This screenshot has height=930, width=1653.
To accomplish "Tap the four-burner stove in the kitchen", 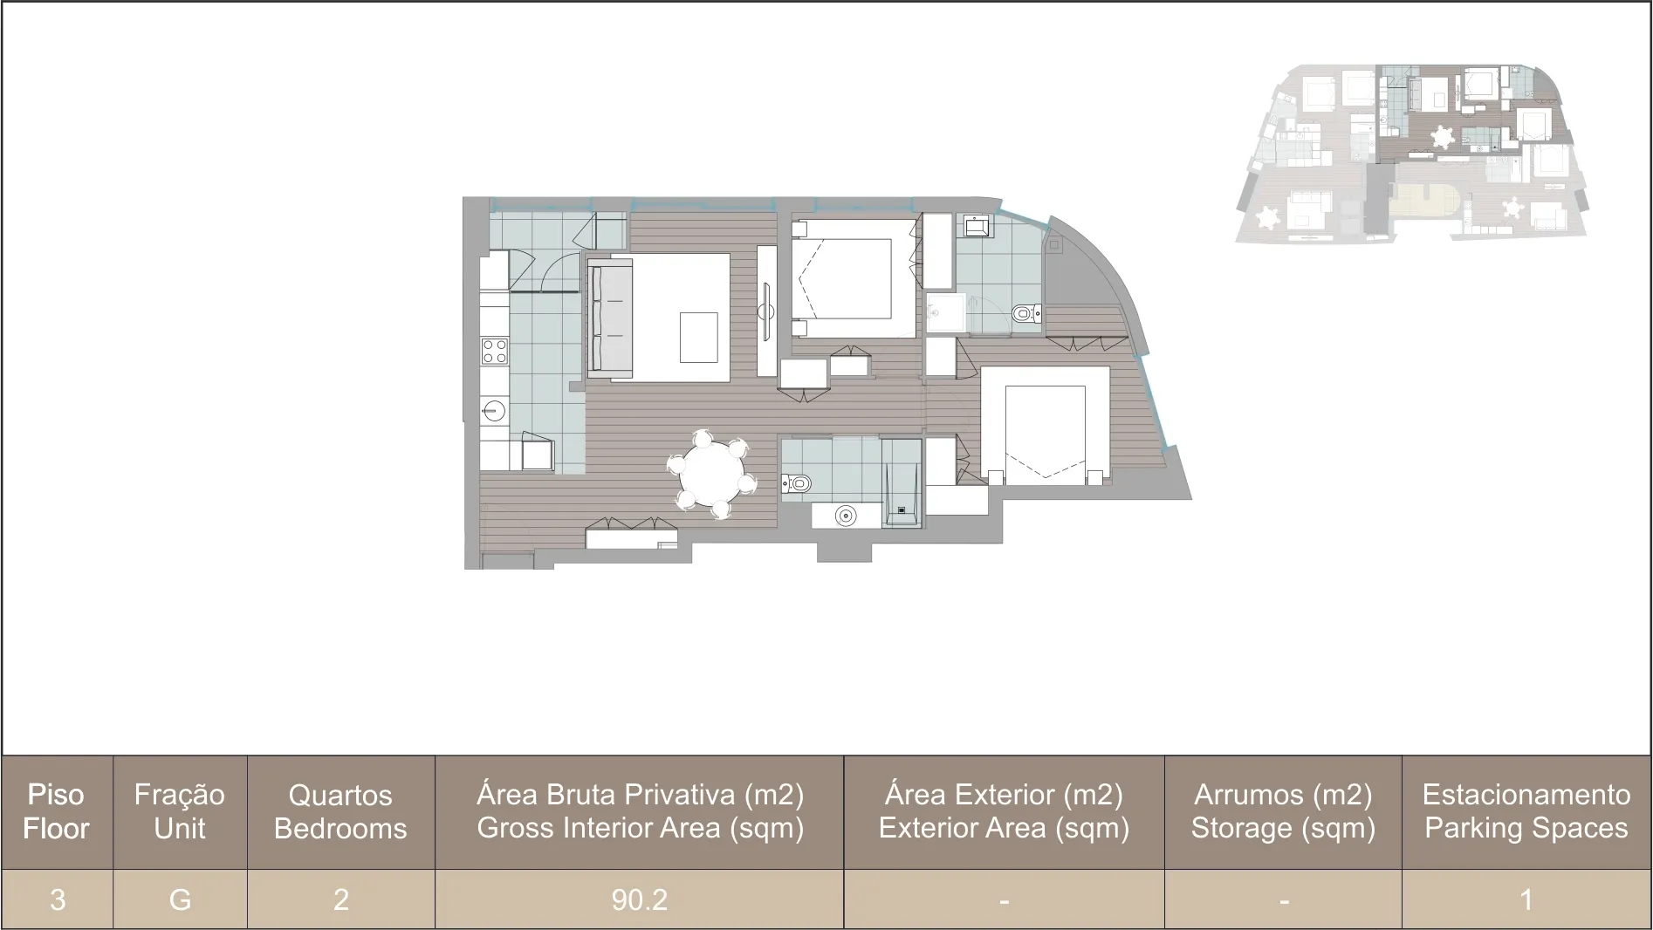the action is (x=495, y=352).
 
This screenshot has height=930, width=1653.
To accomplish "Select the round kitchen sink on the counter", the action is (x=495, y=410).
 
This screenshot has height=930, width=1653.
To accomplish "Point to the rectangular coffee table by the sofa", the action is (x=699, y=337).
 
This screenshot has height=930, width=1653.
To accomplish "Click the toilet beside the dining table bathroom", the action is (x=796, y=482).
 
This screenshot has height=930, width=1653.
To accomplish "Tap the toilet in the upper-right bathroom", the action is (x=1025, y=312).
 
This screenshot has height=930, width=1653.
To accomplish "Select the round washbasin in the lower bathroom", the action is (x=845, y=516).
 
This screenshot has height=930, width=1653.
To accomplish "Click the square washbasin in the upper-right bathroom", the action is (x=977, y=227).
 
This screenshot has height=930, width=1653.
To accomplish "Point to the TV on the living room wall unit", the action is (x=766, y=312).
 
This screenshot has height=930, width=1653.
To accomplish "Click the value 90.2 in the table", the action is (x=639, y=899).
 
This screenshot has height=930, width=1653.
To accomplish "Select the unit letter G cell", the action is (x=180, y=899).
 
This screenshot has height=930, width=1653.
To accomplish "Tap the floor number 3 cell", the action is (x=58, y=899).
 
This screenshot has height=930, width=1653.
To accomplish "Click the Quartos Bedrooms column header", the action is (x=340, y=812).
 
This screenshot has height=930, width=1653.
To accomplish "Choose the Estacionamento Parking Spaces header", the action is (x=1526, y=812).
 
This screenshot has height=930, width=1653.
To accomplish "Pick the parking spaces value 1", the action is (x=1526, y=899).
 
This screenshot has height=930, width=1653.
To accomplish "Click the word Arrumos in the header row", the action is (x=1249, y=795).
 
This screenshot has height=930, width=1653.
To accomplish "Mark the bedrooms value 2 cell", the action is (x=340, y=899).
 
